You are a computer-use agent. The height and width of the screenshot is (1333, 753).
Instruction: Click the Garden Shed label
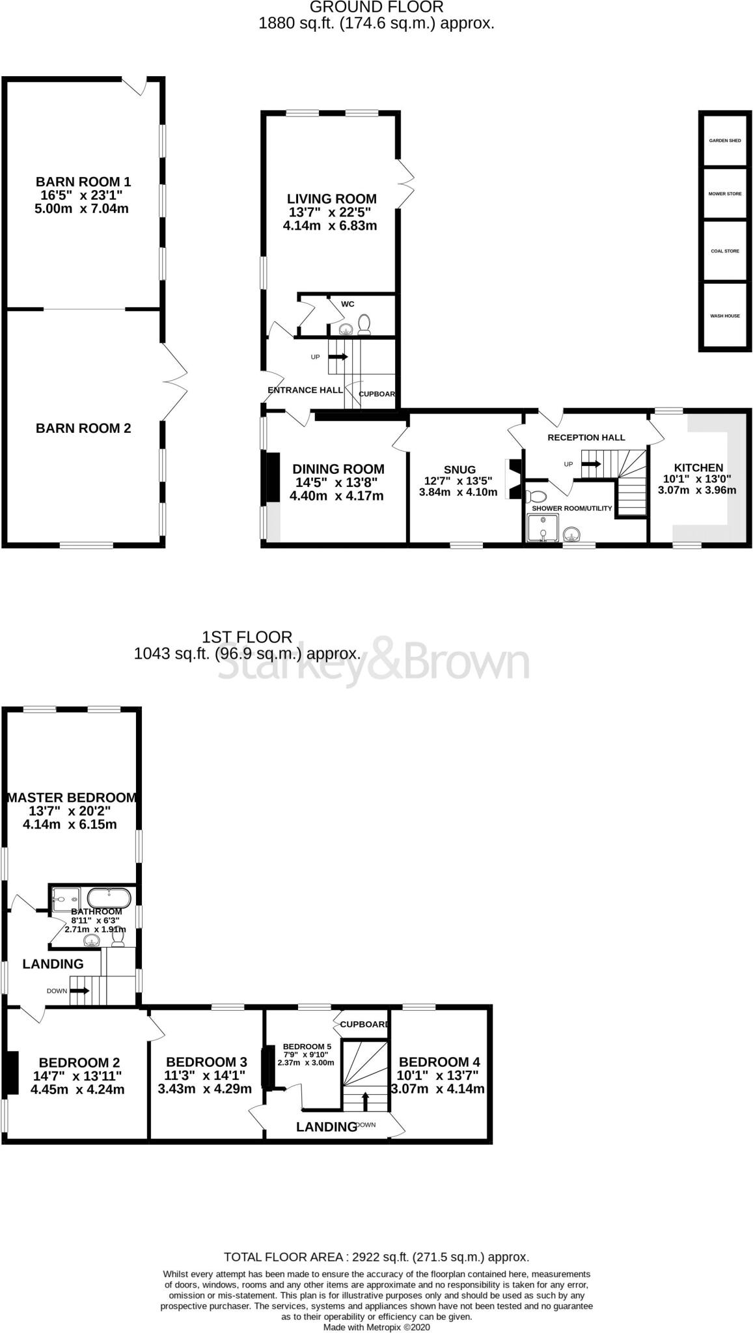[724, 141]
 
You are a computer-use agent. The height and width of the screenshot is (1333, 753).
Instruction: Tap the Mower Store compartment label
[724, 194]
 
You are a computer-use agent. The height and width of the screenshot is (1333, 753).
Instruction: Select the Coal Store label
[724, 251]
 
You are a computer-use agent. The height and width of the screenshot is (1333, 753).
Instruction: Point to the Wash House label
[724, 316]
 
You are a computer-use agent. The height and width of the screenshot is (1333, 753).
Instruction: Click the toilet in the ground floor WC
[364, 323]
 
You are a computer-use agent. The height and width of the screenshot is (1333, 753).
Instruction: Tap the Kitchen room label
[698, 467]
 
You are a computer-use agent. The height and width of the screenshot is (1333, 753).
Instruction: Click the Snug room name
[459, 469]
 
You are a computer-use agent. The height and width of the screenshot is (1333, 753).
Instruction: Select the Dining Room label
[338, 469]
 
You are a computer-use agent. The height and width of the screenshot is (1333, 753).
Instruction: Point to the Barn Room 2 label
[83, 428]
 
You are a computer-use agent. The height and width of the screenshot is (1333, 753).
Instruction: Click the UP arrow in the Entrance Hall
[338, 357]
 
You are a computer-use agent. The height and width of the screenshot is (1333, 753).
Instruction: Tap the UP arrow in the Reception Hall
[591, 464]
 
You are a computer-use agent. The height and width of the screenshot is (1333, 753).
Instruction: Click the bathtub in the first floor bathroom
[109, 898]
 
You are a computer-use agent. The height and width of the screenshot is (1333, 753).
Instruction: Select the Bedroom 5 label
[307, 1047]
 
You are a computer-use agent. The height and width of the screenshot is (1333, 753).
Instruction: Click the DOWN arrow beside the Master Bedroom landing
[79, 991]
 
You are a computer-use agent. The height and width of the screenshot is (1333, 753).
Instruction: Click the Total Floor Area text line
[376, 1257]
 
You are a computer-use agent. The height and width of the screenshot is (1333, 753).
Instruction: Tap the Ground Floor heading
[376, 7]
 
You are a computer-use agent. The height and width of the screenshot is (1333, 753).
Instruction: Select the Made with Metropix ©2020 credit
[376, 1326]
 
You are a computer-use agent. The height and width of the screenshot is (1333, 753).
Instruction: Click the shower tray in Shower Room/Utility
[541, 528]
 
